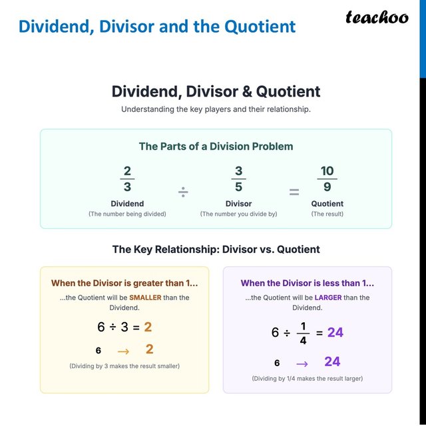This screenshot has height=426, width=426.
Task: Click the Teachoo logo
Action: (377, 18)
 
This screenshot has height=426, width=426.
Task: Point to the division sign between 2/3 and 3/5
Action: (182, 192)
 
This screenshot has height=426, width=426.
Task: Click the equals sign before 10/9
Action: (294, 192)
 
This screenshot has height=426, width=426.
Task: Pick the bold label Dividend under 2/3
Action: (127, 204)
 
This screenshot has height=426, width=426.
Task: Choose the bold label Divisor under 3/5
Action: (238, 204)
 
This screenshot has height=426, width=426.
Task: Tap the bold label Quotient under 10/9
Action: (327, 204)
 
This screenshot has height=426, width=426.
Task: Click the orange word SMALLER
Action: (145, 298)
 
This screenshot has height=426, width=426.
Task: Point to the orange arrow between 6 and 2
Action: (123, 350)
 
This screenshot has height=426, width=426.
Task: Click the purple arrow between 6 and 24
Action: (302, 363)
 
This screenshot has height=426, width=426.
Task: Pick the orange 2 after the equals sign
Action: (148, 327)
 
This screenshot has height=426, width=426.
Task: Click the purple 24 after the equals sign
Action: (335, 332)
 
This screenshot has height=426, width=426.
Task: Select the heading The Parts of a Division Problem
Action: (216, 146)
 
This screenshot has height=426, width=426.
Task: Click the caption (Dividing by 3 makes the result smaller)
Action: (124, 366)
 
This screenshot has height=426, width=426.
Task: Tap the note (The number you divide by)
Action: (238, 214)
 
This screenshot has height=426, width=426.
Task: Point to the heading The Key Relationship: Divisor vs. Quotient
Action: (216, 250)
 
